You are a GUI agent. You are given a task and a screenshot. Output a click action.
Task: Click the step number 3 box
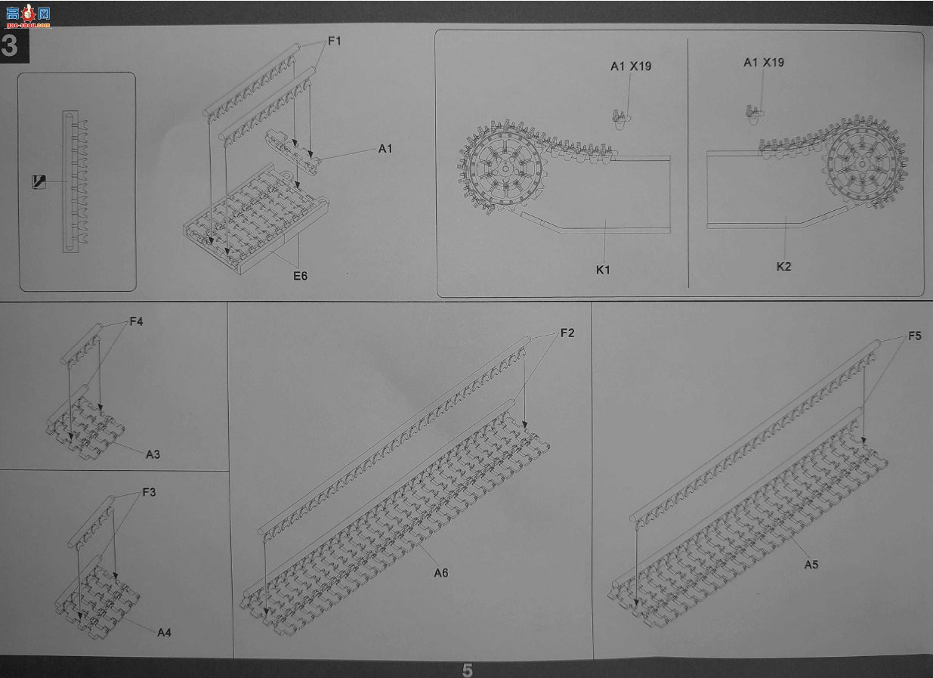pyautogui.click(x=14, y=45)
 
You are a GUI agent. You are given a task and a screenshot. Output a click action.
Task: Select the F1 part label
pyautogui.click(x=335, y=41)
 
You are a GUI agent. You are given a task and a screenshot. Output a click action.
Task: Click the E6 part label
pyautogui.click(x=301, y=276)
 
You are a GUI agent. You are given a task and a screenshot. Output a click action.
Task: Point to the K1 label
pyautogui.click(x=603, y=270)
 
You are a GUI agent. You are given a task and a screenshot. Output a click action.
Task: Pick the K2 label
pyautogui.click(x=783, y=267)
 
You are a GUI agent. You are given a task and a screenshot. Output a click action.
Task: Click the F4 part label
pyautogui.click(x=136, y=321)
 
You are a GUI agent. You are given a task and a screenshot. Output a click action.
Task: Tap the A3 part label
pyautogui.click(x=153, y=454)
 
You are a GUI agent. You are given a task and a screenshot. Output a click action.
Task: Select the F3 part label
pyautogui.click(x=149, y=492)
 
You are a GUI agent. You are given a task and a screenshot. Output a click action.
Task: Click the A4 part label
pyautogui.click(x=164, y=633)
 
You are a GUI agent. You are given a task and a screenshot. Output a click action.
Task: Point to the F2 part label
pyautogui.click(x=567, y=333)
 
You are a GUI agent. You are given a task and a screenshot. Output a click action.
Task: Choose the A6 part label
pyautogui.click(x=441, y=573)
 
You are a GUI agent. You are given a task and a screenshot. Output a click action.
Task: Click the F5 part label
pyautogui.click(x=915, y=336)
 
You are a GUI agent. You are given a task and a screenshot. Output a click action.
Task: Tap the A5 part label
pyautogui.click(x=811, y=565)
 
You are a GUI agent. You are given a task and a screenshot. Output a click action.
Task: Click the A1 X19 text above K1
pyautogui.click(x=631, y=67)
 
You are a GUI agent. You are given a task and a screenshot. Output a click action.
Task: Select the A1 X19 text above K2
pyautogui.click(x=764, y=63)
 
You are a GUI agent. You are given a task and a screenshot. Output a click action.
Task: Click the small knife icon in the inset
pyautogui.click(x=39, y=182)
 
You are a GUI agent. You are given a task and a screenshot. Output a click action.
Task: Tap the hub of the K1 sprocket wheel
pyautogui.click(x=505, y=169)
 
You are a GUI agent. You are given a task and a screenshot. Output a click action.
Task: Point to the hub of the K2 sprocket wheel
pyautogui.click(x=862, y=164)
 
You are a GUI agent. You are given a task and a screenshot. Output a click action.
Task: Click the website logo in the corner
pyautogui.click(x=28, y=16)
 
